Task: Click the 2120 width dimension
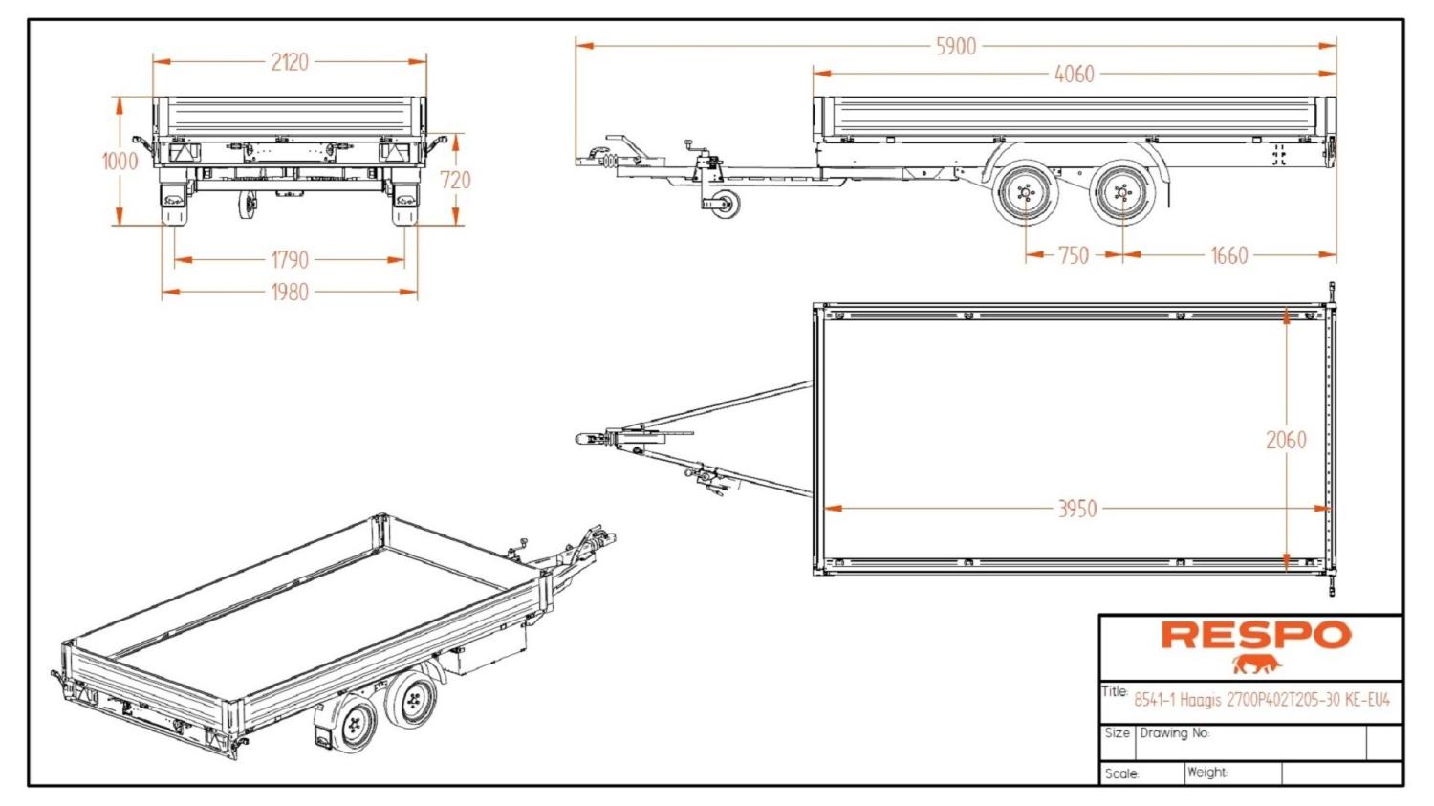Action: (x=290, y=62)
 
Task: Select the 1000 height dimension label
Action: (x=120, y=161)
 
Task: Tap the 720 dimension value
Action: (x=455, y=180)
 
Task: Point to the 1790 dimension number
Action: (x=290, y=259)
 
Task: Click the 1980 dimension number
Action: (x=290, y=292)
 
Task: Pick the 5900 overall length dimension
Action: (x=956, y=46)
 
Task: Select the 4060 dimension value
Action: (x=1074, y=74)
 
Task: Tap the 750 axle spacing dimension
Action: (x=1074, y=255)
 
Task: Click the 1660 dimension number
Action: (x=1229, y=255)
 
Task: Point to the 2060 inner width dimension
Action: (x=1286, y=440)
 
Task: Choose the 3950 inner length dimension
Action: (x=1076, y=509)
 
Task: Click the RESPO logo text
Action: (x=1256, y=635)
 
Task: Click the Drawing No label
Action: (x=1174, y=733)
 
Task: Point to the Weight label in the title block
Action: (x=1207, y=772)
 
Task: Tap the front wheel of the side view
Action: (x=1025, y=196)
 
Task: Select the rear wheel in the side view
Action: (x=1121, y=196)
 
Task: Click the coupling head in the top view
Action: (x=585, y=438)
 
